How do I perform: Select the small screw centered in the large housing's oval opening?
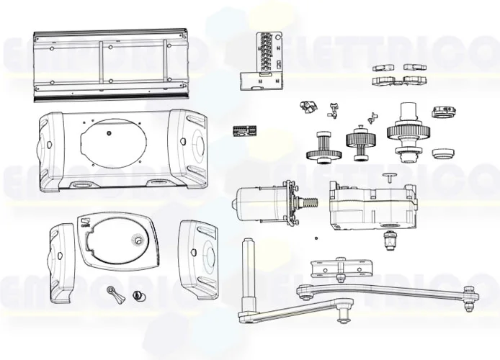(x=109, y=133)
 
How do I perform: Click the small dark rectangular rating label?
(x=246, y=130)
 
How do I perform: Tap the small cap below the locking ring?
(x=444, y=153)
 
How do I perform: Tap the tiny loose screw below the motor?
(x=313, y=238)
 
